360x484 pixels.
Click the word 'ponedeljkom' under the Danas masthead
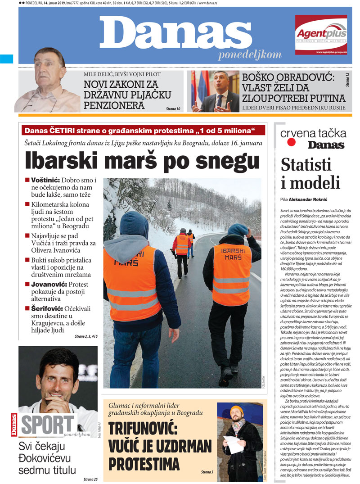(249, 55)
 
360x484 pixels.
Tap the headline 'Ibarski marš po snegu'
(142, 161)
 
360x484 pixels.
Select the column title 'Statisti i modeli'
(310, 173)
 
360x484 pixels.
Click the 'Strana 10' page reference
(172, 109)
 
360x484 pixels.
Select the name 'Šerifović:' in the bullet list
(48, 309)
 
